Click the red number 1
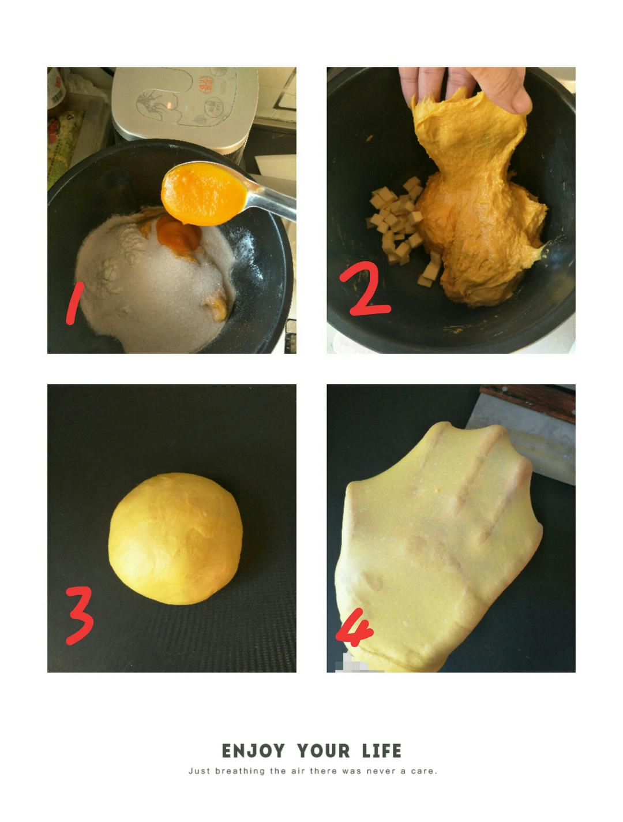[74, 302]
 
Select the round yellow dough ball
[175, 539]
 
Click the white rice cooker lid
[185, 109]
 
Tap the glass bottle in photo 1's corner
[57, 92]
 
